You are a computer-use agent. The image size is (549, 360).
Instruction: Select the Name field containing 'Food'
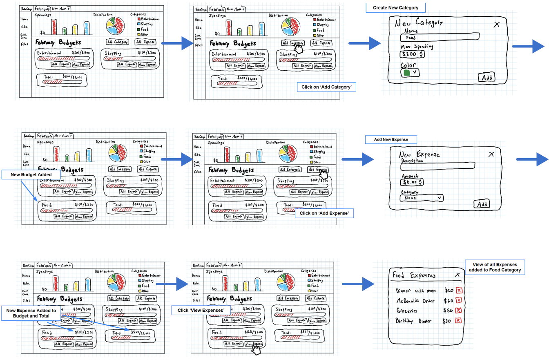(439, 38)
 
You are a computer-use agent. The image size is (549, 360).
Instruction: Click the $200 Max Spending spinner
(412, 54)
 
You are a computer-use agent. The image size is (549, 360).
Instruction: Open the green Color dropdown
(410, 72)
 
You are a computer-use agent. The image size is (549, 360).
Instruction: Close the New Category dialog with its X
(496, 25)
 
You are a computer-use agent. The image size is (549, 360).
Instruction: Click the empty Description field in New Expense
(437, 165)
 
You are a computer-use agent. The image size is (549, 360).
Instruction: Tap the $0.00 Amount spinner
(413, 182)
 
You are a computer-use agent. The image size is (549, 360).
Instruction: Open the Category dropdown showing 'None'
(421, 198)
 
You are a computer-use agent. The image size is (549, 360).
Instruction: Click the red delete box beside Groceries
(458, 311)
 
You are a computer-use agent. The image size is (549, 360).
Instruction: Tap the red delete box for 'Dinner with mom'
(459, 291)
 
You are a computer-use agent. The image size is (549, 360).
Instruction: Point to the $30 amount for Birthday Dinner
(447, 321)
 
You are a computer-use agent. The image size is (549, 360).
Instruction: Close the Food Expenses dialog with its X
(457, 275)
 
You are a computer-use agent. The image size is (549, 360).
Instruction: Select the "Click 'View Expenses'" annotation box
(201, 310)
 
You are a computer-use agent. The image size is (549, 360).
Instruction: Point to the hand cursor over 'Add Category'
(299, 48)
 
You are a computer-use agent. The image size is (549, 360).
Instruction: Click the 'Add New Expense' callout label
(391, 140)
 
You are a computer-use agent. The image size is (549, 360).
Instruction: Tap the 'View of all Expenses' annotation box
(495, 267)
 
